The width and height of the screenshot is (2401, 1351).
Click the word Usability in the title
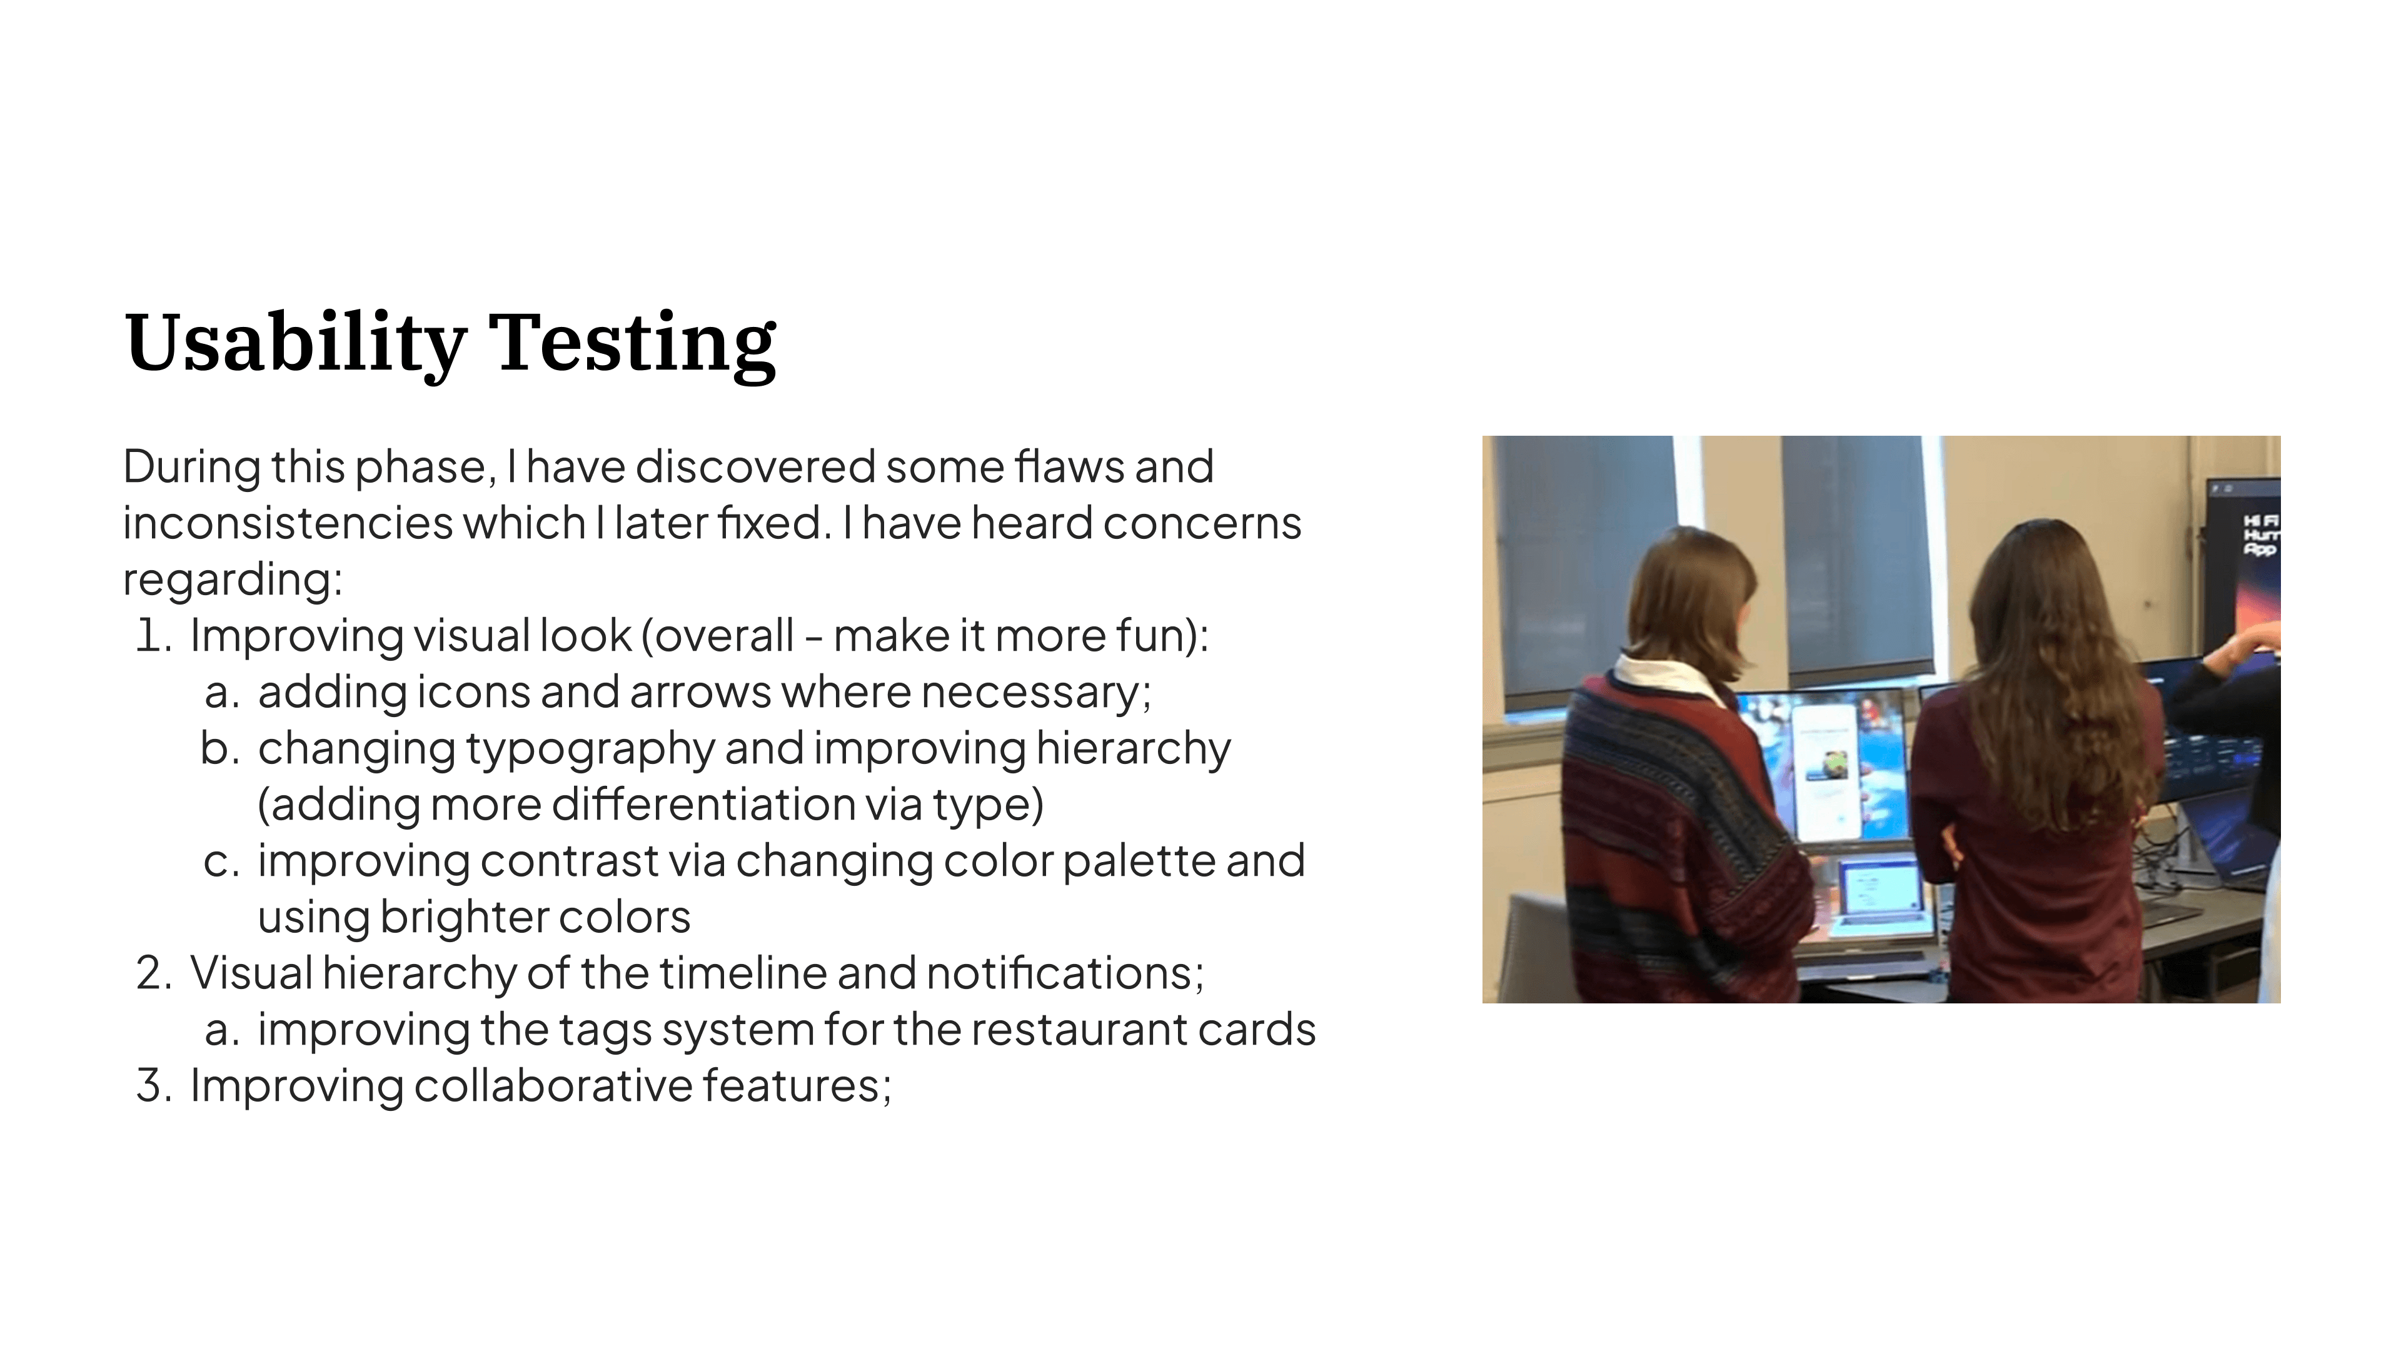click(296, 343)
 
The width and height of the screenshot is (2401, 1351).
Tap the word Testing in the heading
click(632, 343)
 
